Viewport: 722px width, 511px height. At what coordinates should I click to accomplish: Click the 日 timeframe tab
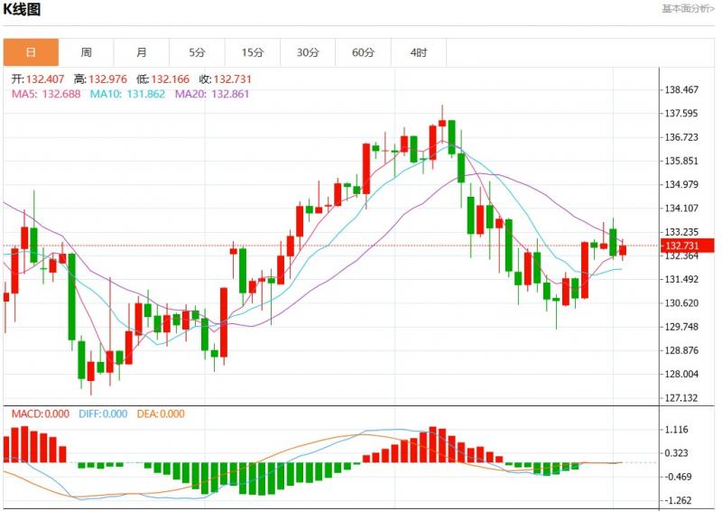click(31, 52)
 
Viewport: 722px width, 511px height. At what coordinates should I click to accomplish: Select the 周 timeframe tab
click(86, 52)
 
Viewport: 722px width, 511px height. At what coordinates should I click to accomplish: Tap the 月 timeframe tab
click(142, 52)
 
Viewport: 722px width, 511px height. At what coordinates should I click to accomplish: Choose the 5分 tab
click(197, 52)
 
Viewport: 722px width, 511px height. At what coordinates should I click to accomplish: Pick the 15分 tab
click(253, 52)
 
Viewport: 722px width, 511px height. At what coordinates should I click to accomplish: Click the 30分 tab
click(308, 52)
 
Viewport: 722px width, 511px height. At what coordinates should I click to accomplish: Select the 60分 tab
click(363, 52)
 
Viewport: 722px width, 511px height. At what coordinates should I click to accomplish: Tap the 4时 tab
click(419, 52)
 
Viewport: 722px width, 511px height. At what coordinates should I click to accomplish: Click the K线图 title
click(23, 10)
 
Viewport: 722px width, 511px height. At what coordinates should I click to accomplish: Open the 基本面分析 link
click(688, 9)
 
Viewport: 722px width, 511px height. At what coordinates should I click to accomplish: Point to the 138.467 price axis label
click(681, 90)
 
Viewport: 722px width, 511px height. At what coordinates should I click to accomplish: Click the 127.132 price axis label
click(681, 398)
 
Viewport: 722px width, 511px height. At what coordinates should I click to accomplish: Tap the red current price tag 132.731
click(683, 246)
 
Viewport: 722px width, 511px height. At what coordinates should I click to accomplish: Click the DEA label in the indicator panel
click(147, 414)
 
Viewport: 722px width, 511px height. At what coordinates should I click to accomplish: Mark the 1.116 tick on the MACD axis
click(676, 430)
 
